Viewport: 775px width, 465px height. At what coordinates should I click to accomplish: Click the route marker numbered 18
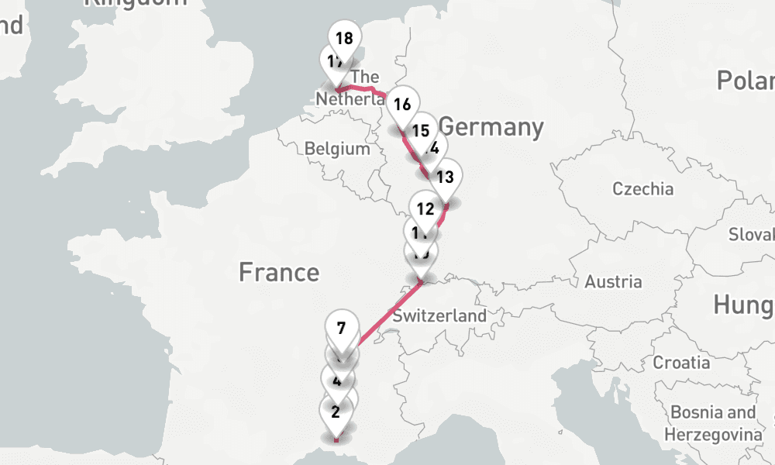[x=345, y=37]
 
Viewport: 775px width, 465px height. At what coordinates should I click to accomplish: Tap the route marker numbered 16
[x=401, y=103]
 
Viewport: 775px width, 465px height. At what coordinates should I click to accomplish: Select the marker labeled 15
[x=422, y=130]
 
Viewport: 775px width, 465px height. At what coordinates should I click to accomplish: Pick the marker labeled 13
[x=445, y=177]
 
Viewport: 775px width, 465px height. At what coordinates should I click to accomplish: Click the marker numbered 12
[x=425, y=208]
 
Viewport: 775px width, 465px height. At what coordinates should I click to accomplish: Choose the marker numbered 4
[x=337, y=380]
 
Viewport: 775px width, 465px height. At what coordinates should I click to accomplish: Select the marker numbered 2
[x=336, y=412]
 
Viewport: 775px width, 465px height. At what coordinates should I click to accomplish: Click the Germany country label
[x=491, y=126]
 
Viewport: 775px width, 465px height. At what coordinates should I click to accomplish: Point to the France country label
[x=278, y=272]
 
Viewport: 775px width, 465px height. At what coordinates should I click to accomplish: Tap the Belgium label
[x=337, y=148]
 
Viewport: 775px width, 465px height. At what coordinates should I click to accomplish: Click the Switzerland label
[x=439, y=315]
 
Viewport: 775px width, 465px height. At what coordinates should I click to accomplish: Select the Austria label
[x=613, y=281]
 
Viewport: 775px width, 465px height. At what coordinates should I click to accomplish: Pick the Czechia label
[x=642, y=188]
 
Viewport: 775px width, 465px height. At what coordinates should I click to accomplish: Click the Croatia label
[x=681, y=362]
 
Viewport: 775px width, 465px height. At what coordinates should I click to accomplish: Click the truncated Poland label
[x=745, y=80]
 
